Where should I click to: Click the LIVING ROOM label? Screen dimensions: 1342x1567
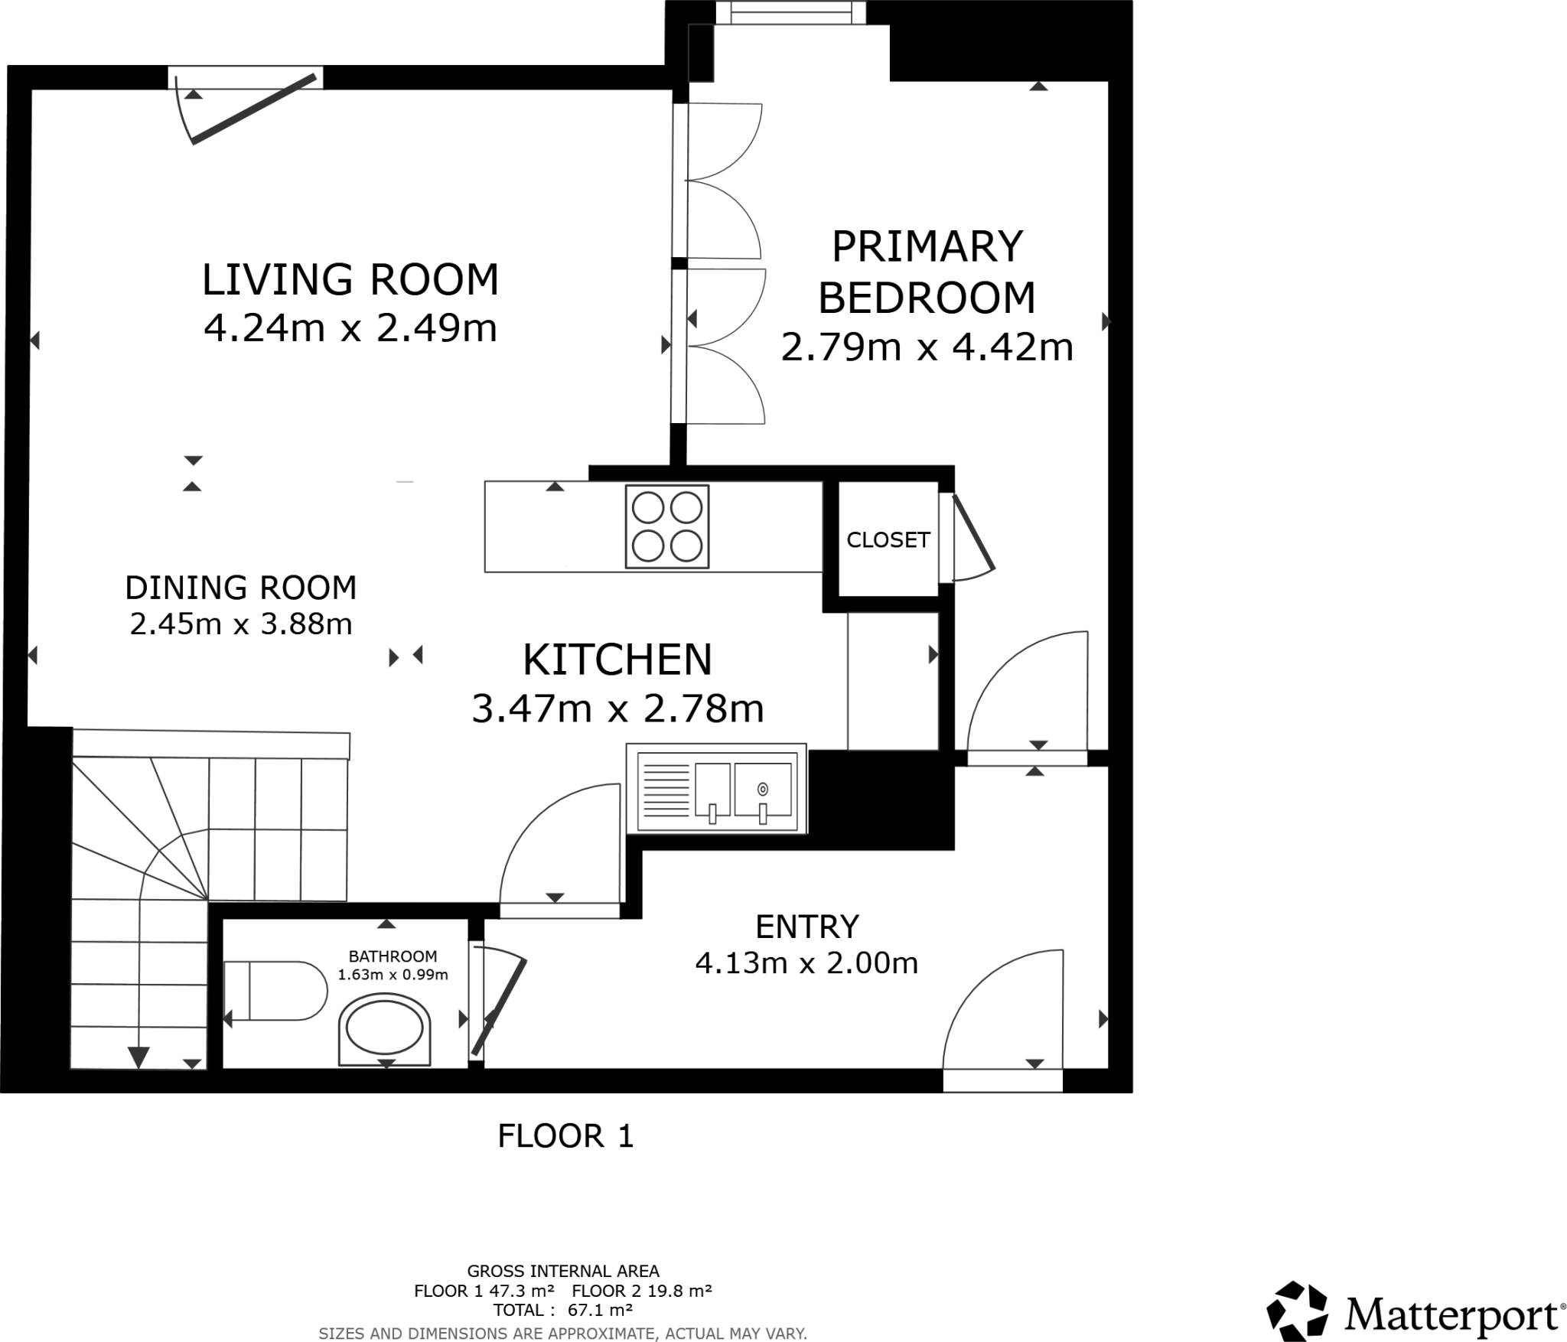click(350, 280)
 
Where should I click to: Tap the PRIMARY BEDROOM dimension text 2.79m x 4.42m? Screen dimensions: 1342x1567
click(927, 347)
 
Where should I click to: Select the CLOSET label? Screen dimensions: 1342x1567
click(888, 540)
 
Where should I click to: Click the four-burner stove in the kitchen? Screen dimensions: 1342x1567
click(666, 526)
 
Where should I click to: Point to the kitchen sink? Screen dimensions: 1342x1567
click(716, 788)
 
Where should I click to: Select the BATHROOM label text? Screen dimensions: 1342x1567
click(393, 956)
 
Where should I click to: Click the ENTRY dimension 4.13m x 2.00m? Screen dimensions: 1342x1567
click(806, 963)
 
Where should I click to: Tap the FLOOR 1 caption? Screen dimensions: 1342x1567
click(565, 1136)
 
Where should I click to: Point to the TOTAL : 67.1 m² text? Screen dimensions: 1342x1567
click(562, 1309)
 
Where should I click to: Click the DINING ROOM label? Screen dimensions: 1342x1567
click(240, 588)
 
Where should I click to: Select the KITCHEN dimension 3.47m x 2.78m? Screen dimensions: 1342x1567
click(617, 708)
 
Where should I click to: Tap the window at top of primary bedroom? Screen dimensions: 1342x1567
click(790, 12)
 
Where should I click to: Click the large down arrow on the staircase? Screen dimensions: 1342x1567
click(138, 1057)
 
